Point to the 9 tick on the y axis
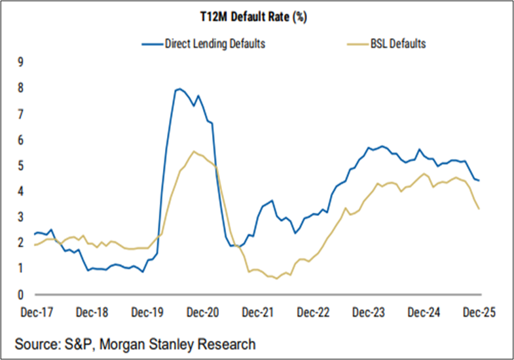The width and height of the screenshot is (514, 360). click(20, 62)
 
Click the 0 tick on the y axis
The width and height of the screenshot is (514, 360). click(20, 295)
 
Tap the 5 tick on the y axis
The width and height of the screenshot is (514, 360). click(20, 166)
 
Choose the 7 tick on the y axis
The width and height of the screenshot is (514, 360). click(20, 114)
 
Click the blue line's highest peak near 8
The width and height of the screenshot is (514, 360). click(178, 88)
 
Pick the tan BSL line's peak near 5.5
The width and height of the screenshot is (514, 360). click(193, 151)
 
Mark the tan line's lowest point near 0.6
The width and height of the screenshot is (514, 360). click(276, 278)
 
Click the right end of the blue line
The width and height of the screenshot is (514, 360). click(479, 181)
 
